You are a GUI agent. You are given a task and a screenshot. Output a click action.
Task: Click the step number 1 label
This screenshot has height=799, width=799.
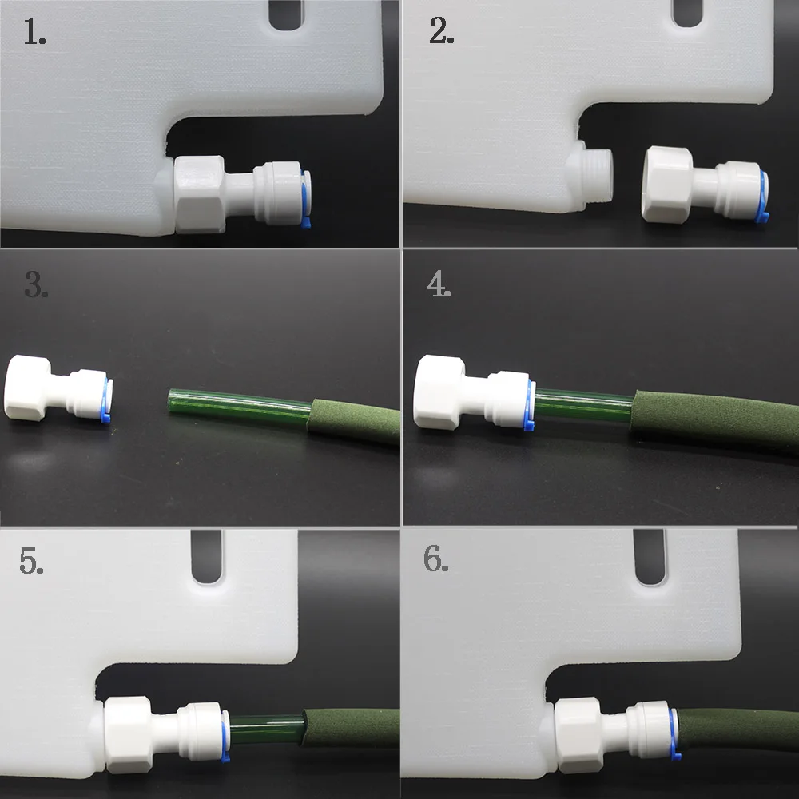click(34, 32)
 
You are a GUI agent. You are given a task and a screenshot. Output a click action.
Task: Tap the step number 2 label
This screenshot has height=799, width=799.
click(441, 30)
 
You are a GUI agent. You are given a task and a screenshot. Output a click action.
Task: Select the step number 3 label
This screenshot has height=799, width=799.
click(36, 284)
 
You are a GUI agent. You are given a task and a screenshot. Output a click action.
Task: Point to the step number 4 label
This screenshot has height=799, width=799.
click(439, 284)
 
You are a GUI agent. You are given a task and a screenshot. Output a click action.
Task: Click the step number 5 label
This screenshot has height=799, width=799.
click(31, 561)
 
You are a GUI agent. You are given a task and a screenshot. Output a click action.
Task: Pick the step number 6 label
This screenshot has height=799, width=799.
click(436, 559)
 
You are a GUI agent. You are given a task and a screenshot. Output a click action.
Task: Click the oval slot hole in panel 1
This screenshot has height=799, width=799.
click(286, 14)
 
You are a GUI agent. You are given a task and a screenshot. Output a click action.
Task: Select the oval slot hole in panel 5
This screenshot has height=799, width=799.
click(207, 556)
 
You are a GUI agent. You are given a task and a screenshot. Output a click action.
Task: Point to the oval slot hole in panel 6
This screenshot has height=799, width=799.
click(650, 557)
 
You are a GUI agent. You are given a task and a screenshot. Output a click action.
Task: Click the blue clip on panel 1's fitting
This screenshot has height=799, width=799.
click(305, 199)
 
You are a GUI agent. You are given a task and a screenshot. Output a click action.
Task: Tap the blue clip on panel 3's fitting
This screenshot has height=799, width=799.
click(106, 400)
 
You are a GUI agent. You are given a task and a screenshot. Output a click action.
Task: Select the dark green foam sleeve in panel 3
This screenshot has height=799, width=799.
click(353, 421)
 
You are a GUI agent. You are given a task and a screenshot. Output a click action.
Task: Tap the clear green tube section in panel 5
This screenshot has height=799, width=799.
click(267, 729)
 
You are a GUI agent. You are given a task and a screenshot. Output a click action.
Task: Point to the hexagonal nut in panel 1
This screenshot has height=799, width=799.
click(200, 195)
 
